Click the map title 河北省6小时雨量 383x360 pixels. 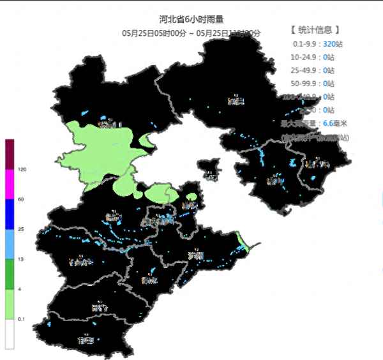pos(191,20)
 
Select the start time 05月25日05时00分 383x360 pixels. pos(154,33)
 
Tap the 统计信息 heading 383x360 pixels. pos(315,29)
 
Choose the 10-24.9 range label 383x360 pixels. pos(304,57)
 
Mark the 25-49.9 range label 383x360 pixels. pos(304,71)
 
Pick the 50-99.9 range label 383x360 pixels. pos(304,84)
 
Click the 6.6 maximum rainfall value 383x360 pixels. pos(329,123)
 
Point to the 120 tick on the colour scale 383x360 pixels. pos(22,170)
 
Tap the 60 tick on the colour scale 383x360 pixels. pos(21,200)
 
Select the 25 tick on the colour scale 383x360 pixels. pos(21,229)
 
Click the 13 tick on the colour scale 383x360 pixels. pos(21,259)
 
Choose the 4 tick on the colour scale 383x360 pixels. pos(20,289)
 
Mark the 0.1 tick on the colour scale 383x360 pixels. pos(22,319)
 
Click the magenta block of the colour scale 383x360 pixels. pos(10,184)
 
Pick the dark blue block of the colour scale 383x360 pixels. pos(10,214)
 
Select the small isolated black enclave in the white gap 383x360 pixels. pos(208,169)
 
